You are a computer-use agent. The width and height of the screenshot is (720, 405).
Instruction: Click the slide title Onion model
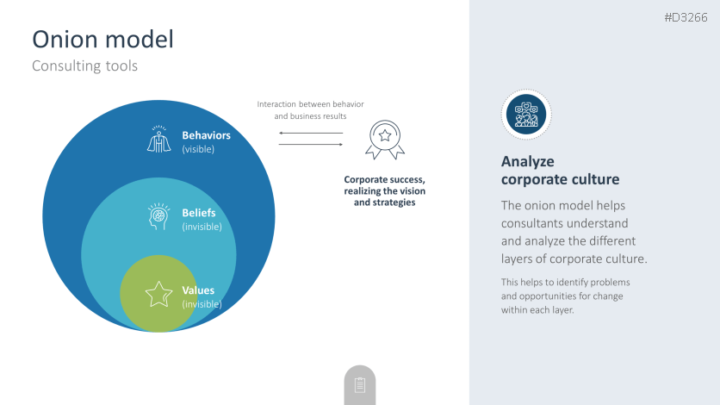[102, 39]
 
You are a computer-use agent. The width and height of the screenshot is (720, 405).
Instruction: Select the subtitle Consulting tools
[85, 65]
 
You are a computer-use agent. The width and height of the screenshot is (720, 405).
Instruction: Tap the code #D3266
[686, 17]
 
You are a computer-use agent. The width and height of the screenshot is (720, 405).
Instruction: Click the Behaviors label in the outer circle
[206, 135]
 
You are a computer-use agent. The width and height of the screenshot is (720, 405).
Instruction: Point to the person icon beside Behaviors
[158, 139]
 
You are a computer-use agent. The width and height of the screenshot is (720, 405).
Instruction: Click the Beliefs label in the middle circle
[199, 213]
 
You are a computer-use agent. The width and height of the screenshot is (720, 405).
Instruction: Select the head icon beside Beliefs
[158, 216]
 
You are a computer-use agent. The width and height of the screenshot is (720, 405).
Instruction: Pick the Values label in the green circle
[198, 290]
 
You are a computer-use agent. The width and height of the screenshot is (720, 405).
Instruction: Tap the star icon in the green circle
[158, 295]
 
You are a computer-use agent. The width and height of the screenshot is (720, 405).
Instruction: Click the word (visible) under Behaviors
[198, 149]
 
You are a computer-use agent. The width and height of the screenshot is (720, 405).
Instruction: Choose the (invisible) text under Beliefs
[202, 227]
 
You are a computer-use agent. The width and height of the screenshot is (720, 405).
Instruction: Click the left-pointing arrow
[311, 134]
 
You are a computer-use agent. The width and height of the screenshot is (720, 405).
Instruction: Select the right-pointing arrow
[311, 144]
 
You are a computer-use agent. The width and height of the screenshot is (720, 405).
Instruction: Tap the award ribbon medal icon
[385, 140]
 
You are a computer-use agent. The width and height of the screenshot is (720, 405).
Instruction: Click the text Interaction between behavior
[310, 104]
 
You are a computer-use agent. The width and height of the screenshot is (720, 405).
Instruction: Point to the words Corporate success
[384, 179]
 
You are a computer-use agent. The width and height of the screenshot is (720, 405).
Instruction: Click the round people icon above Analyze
[526, 115]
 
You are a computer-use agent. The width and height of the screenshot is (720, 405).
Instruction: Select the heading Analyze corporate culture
[560, 171]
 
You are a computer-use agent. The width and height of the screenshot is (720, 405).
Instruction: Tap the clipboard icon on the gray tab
[360, 385]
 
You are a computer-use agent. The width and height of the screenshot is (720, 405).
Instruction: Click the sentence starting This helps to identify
[565, 296]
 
